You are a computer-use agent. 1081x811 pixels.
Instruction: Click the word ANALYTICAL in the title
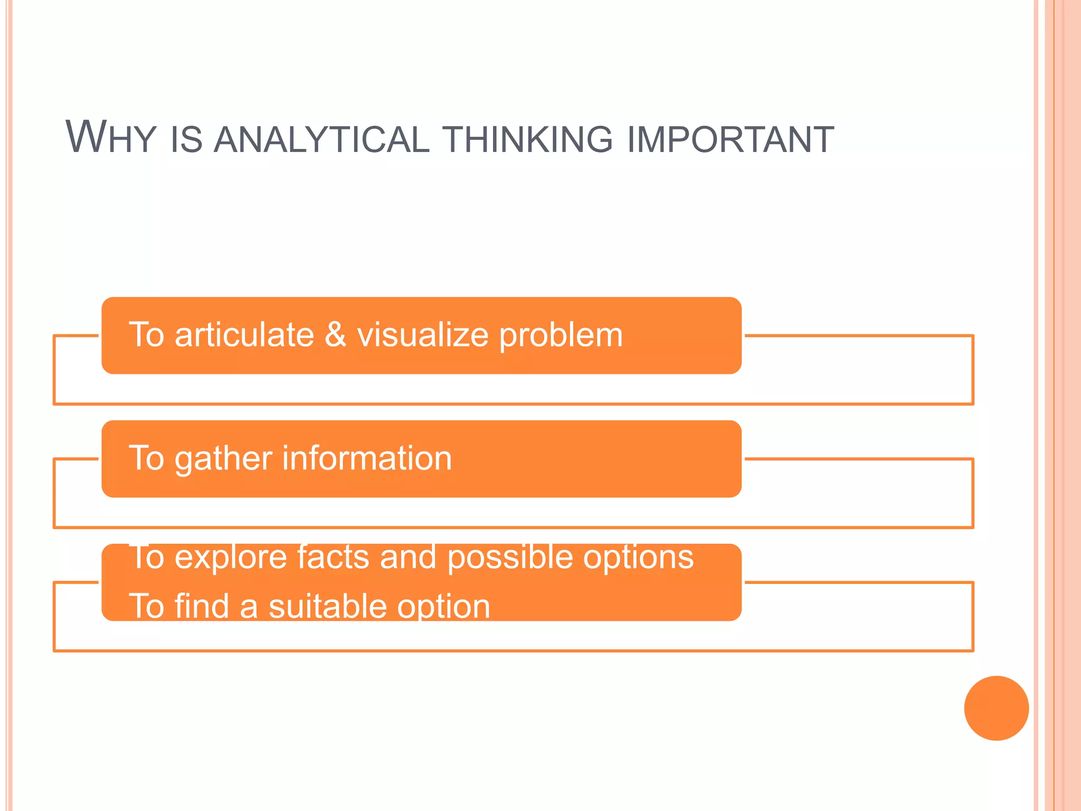[x=321, y=140]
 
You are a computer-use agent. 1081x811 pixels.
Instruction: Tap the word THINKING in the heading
[x=528, y=140]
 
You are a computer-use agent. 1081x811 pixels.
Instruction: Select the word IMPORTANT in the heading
[x=731, y=140]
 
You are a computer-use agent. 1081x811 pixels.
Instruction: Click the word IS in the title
[x=187, y=140]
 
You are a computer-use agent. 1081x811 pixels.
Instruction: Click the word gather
[x=223, y=458]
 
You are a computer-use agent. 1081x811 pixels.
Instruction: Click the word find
[x=202, y=606]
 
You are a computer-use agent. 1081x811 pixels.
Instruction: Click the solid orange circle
[x=996, y=708]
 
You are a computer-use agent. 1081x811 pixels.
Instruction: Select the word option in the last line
[x=443, y=607]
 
